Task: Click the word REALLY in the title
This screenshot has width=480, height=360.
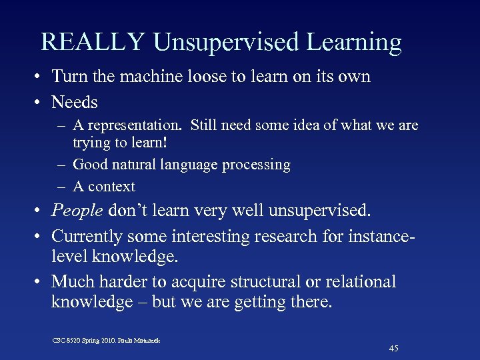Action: (x=93, y=42)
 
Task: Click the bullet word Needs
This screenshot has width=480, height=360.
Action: (x=75, y=102)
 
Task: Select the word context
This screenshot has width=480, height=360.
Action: (x=112, y=187)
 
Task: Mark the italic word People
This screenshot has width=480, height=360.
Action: (x=77, y=212)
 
